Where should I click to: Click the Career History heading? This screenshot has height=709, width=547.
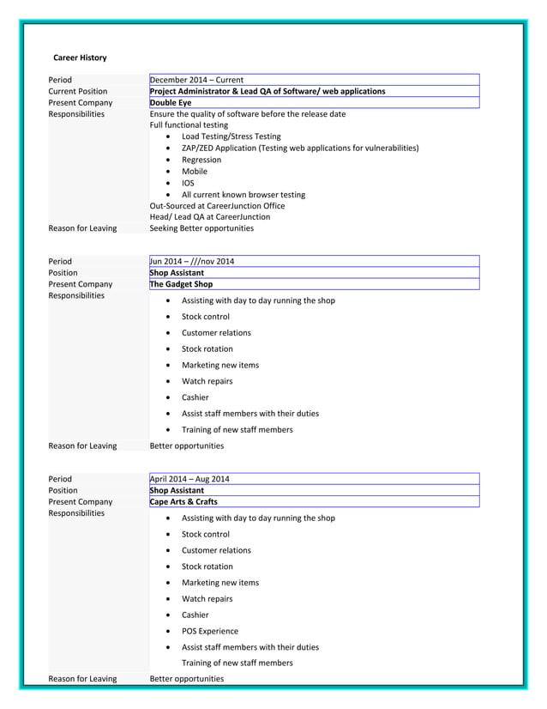tap(80, 58)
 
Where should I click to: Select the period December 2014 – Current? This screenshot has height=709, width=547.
tap(196, 80)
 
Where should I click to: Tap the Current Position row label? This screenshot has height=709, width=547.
tap(78, 91)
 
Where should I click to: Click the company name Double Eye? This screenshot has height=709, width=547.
tap(171, 102)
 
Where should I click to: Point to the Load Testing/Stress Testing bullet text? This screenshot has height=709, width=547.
tap(231, 136)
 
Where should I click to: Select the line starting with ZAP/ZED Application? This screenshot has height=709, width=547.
tap(300, 148)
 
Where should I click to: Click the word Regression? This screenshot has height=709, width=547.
tap(201, 160)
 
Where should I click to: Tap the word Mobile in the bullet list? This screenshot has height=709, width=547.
tap(195, 171)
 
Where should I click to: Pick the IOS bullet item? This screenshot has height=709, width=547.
tap(188, 183)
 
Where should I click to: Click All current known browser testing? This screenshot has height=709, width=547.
tap(243, 194)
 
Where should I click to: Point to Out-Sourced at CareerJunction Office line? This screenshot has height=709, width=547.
tap(217, 206)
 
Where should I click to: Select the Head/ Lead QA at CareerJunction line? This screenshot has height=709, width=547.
tap(209, 217)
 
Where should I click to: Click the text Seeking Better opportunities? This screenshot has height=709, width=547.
tap(201, 228)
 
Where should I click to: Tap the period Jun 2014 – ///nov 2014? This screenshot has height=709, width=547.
tap(192, 261)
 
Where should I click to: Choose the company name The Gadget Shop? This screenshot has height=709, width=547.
tap(181, 284)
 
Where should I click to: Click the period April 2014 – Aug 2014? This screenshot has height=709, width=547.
tap(189, 479)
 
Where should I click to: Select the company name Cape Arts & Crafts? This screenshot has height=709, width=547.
tap(183, 501)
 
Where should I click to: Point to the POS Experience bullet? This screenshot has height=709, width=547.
tap(210, 631)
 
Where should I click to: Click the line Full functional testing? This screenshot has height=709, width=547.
tap(189, 125)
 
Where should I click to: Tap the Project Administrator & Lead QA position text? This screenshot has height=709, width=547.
tap(267, 91)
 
